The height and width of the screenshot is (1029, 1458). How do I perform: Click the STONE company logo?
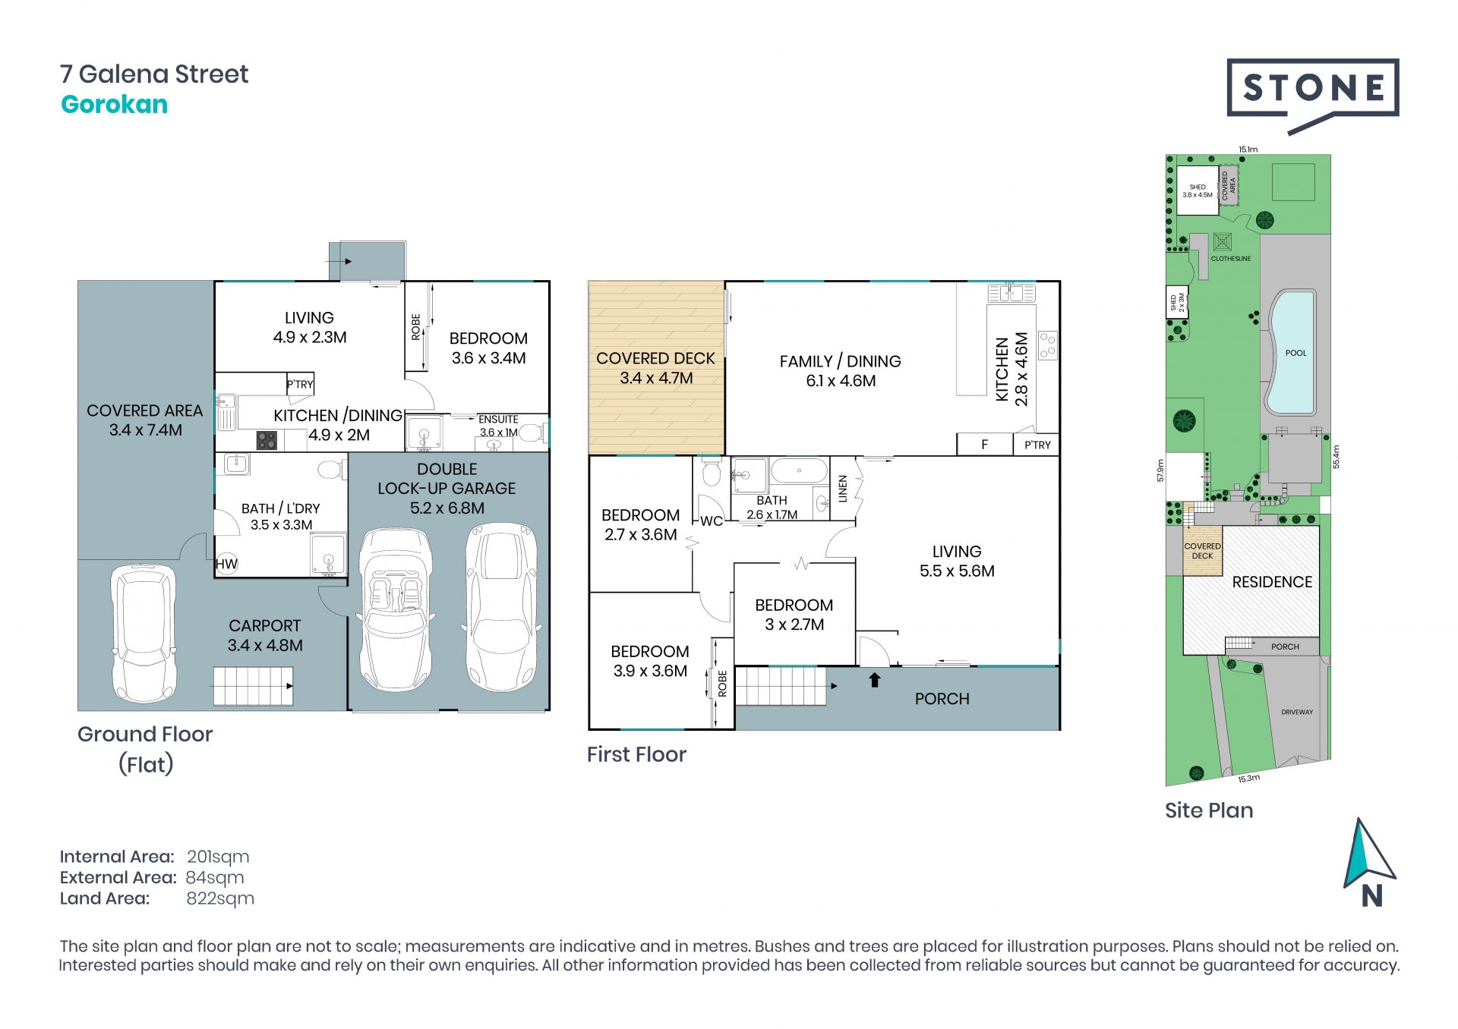1312,95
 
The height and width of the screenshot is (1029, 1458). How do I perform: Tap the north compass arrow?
1368,853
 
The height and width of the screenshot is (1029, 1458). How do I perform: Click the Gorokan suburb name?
114,104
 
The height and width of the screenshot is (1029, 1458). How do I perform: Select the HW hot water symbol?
226,564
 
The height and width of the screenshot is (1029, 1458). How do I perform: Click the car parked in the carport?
144,634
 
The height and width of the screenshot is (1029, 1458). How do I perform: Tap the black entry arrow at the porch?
875,679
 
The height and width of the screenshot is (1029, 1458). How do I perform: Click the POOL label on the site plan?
1295,353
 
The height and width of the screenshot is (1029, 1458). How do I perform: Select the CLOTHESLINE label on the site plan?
1230,259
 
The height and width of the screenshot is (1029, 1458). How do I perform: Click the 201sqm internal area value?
218,857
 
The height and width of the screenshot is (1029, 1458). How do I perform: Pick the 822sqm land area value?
220,898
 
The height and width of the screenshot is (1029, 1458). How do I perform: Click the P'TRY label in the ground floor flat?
300,384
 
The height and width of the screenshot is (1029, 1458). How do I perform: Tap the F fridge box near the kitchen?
984,445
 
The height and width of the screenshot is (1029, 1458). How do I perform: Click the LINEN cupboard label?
842,489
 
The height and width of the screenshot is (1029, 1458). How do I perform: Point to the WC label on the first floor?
711,521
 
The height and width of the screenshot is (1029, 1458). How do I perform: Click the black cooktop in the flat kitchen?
267,440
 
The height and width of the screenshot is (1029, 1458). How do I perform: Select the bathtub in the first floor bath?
799,470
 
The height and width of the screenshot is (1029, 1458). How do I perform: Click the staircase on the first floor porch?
781,686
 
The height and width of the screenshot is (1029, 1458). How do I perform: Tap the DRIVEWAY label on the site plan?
1297,712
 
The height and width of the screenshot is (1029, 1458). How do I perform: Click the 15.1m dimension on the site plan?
1248,149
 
